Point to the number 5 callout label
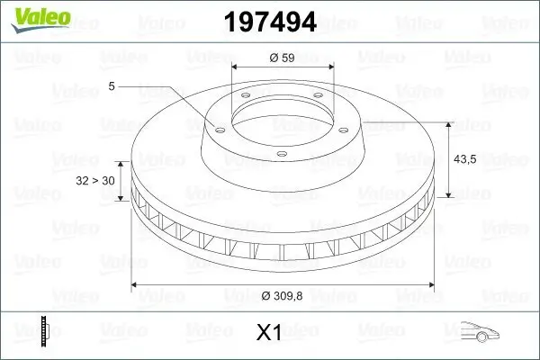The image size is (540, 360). [112, 86]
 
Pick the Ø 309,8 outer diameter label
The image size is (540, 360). [283, 297]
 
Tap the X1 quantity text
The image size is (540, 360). [269, 333]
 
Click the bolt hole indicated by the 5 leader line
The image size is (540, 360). [217, 127]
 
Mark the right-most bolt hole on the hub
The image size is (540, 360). [346, 127]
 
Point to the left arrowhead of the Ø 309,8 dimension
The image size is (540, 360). [136, 285]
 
